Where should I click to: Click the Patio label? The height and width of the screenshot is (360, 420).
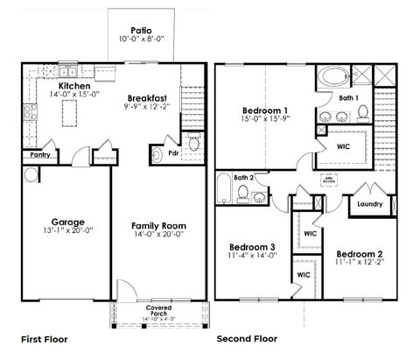140,28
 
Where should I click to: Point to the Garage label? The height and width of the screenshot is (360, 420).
67,222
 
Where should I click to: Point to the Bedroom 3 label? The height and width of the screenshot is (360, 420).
253,248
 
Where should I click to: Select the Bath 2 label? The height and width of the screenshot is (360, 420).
244,177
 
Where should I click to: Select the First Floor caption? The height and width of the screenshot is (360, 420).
44,337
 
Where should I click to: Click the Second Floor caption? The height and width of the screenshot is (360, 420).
248,337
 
